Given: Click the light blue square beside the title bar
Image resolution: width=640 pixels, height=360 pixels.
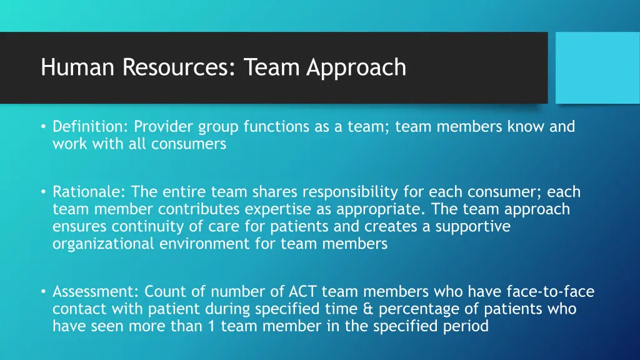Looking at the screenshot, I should [597, 67].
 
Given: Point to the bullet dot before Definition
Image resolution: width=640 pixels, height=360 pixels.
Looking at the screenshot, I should [43, 127].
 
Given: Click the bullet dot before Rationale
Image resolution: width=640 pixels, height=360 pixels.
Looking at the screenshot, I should [43, 192].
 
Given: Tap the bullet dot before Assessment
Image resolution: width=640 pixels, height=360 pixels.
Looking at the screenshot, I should [43, 292].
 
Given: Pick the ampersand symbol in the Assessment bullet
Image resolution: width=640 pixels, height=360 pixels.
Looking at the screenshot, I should [368, 309].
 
